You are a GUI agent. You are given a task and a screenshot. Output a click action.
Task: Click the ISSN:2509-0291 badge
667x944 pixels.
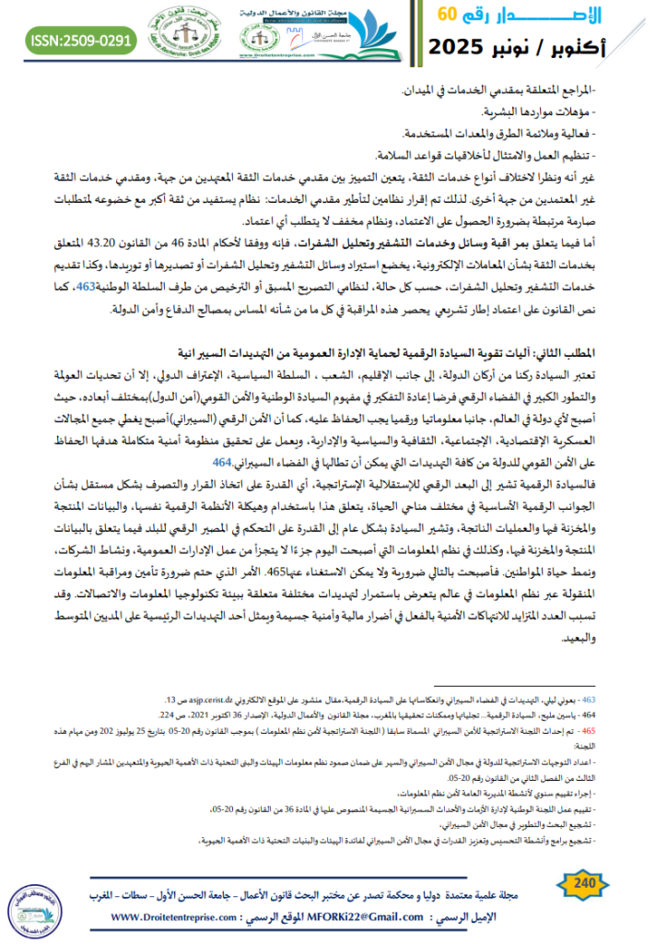pos(69,41)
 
